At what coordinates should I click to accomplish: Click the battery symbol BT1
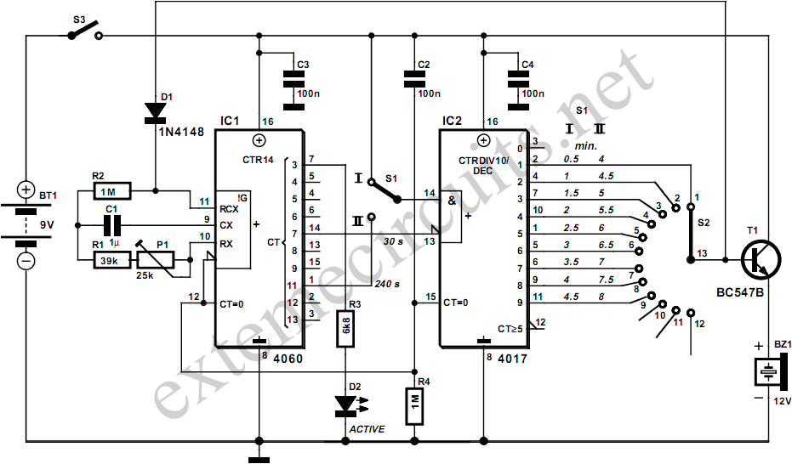pos(26,225)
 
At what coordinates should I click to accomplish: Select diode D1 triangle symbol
pos(155,111)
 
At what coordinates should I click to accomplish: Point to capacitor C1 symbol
pos(110,225)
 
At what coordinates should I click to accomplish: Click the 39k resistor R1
pos(109,260)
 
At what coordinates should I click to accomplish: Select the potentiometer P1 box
pos(157,260)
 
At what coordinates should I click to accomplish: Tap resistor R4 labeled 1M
pos(413,406)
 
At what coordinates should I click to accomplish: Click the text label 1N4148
pos(179,133)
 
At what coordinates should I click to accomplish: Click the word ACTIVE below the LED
pos(367,429)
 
